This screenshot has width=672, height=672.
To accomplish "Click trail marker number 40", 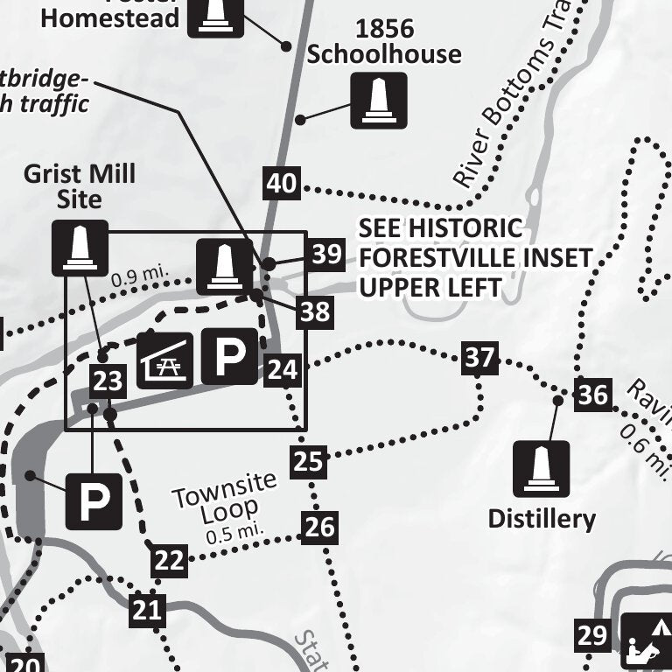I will tap(282, 185).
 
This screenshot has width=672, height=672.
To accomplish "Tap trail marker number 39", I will tap(326, 255).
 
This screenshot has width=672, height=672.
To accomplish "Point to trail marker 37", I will tap(479, 358).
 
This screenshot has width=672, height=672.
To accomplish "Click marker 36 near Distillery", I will tap(592, 395).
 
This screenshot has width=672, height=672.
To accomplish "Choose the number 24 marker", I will tap(283, 370).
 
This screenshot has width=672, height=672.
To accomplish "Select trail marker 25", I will tap(308, 460).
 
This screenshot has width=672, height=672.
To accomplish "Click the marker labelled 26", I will tap(320, 527).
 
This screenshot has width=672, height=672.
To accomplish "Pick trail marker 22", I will tap(169, 560).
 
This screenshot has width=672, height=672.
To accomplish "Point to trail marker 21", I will tap(148, 610).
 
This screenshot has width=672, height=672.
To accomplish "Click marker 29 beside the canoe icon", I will tap(592, 635).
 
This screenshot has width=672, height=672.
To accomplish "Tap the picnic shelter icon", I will tap(164, 360).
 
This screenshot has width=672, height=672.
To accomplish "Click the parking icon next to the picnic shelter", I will tap(230, 356).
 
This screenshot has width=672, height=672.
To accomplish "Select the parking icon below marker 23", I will tap(94, 501).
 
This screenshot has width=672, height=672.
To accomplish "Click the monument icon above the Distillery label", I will tap(541, 469).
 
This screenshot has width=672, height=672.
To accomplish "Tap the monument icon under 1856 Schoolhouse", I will tap(379, 101).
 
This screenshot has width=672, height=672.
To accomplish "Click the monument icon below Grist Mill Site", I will tap(80, 248).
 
